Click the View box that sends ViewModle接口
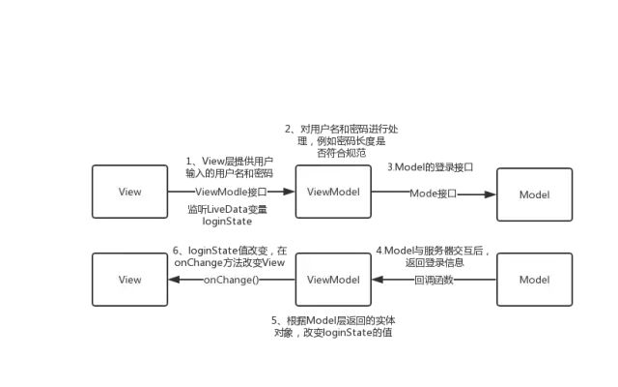[130, 192]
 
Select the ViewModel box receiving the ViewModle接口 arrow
[333, 192]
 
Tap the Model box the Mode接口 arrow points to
[534, 194]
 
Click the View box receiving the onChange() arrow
[130, 280]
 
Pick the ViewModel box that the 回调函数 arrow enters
[333, 280]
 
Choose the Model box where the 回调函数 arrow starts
[534, 280]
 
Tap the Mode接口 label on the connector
[434, 194]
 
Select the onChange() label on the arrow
[232, 280]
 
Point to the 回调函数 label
[434, 280]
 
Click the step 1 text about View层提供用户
[229, 166]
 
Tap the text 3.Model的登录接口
[431, 167]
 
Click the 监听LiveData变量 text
[229, 214]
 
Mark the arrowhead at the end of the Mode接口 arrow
[491, 194]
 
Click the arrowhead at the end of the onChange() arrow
[174, 280]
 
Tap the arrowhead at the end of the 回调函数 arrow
[378, 280]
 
